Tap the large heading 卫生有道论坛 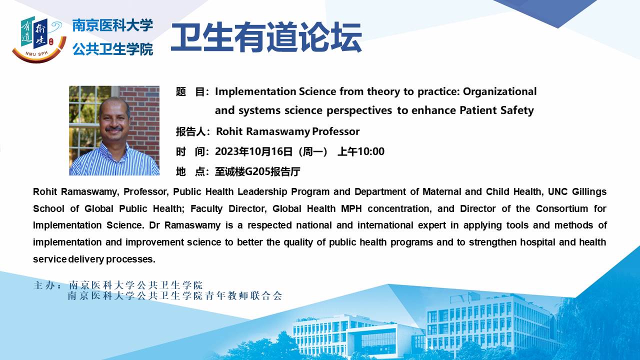click(266, 37)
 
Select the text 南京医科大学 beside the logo click(112, 25)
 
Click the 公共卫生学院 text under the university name click(112, 49)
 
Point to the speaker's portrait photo click(114, 130)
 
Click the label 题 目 click(190, 91)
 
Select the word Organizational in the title click(499, 91)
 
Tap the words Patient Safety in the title click(496, 110)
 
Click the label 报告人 click(190, 131)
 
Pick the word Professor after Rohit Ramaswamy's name click(335, 131)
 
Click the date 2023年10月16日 click(253, 151)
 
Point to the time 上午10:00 click(361, 151)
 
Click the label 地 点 click(190, 171)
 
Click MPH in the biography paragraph click(351, 208)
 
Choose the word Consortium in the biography click(562, 208)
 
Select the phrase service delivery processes click(94, 259)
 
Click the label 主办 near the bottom click(44, 285)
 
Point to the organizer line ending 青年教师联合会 click(175, 295)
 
